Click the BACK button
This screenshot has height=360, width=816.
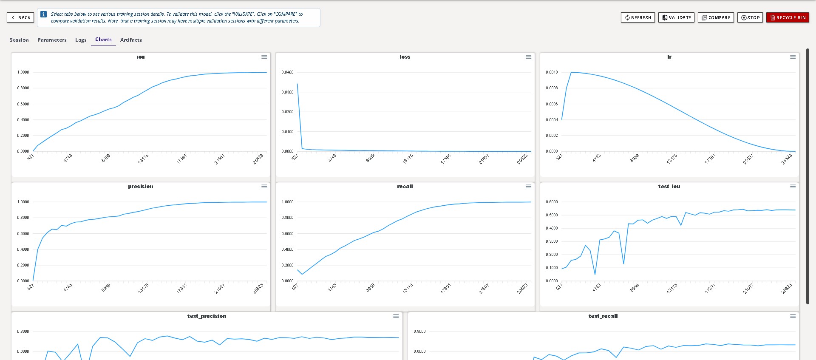coord(20,17)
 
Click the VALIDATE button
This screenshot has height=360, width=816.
coord(676,17)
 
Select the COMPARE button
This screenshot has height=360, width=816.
coord(716,17)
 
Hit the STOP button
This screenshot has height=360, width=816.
coord(750,17)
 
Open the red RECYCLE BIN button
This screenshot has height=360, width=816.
coord(788,17)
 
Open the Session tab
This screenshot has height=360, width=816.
coord(19,40)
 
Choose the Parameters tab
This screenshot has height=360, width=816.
coord(52,40)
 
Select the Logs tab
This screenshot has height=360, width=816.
coord(81,40)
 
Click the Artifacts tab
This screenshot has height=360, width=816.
coord(131,40)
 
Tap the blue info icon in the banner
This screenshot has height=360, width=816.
coord(43,14)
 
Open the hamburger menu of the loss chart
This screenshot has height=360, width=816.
coord(528,57)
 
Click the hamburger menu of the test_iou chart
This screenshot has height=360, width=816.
coord(793,187)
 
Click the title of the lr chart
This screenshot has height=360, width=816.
coord(669,57)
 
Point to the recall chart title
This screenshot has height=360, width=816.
coord(405,187)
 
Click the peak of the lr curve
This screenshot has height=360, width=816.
coord(571,72)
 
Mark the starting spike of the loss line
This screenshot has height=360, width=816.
coord(297,84)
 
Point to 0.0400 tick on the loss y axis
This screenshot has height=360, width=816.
coord(287,72)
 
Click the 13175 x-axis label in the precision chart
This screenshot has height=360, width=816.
coord(143,289)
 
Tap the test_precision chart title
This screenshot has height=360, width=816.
coord(207,316)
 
